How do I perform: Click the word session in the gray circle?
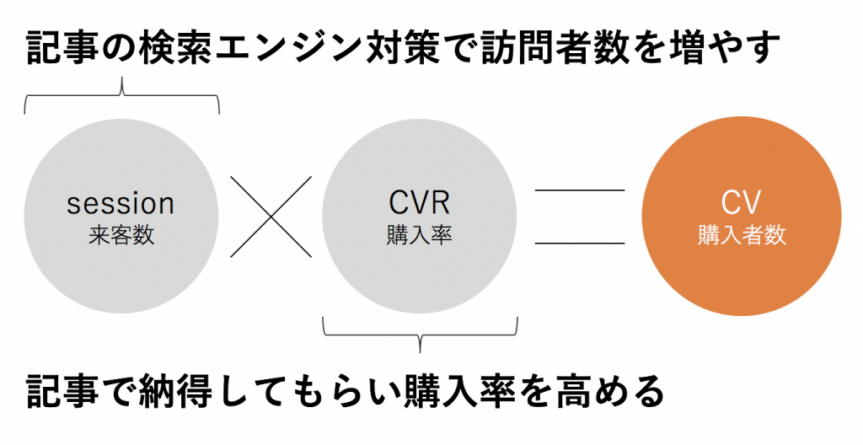(x=121, y=203)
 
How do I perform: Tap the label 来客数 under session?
(x=121, y=235)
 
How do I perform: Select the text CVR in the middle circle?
(x=420, y=203)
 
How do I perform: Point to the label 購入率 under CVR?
(x=420, y=235)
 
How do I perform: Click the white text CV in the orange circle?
(x=742, y=203)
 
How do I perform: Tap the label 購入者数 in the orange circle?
(x=742, y=235)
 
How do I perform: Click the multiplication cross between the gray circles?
(x=271, y=217)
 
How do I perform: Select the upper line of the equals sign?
(x=580, y=190)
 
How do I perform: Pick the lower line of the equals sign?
(x=580, y=244)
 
